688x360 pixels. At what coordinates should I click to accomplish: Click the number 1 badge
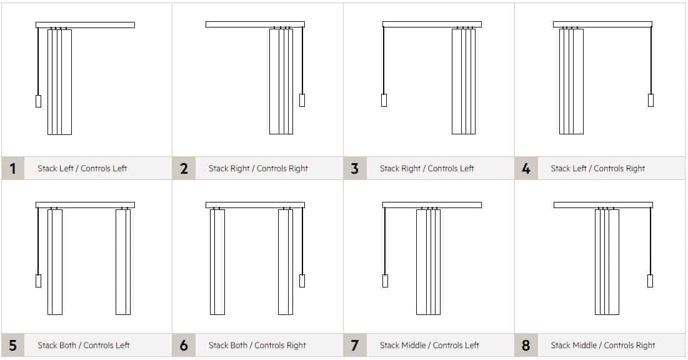13,168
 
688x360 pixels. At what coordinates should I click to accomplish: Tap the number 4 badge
526,168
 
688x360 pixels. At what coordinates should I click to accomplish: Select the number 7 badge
355,345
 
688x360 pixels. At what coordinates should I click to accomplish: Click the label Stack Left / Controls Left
82,168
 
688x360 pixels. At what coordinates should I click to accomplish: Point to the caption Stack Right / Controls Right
258,168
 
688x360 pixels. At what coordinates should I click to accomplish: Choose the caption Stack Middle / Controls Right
602,345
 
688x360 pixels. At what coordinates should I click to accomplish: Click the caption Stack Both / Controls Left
84,345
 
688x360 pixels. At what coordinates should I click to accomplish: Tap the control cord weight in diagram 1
38,101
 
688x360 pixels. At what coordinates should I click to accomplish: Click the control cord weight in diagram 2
302,100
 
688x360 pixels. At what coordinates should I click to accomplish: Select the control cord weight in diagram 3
384,100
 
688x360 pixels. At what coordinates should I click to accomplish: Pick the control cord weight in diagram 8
650,281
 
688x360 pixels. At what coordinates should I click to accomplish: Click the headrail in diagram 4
602,24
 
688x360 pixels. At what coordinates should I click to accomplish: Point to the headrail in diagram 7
432,205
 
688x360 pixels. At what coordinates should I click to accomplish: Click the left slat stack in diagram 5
55,261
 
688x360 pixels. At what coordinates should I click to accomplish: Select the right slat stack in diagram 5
123,261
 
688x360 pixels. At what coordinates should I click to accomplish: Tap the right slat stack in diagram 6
286,261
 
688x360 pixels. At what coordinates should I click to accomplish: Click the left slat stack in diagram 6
217,261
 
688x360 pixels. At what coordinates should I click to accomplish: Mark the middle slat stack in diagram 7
429,261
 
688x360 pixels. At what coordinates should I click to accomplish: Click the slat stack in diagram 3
464,81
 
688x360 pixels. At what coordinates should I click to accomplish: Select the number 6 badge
184,345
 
